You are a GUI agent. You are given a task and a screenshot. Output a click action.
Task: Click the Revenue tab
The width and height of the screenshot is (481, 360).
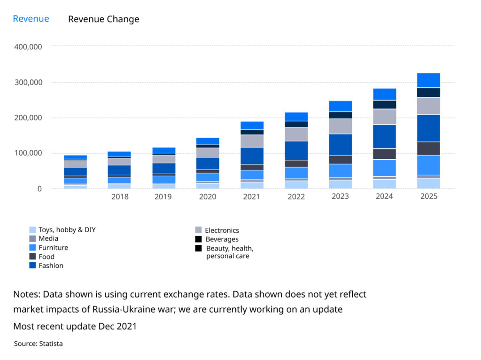(31, 19)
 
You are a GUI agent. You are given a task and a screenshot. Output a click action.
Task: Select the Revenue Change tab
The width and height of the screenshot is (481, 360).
(103, 19)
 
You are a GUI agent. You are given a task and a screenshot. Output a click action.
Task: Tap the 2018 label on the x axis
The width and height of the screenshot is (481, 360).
(120, 196)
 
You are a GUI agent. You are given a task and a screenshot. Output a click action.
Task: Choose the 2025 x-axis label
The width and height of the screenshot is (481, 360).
(428, 196)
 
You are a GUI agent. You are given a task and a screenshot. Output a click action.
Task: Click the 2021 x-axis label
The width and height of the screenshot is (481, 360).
(252, 196)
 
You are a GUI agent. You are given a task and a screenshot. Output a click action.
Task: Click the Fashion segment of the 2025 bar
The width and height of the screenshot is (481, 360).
(428, 128)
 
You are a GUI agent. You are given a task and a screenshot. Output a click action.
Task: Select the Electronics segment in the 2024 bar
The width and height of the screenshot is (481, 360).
(384, 117)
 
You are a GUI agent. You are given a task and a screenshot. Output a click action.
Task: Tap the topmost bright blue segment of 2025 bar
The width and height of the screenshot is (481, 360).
(428, 80)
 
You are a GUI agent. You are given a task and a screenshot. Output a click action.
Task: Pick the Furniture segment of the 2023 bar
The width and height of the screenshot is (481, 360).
(340, 170)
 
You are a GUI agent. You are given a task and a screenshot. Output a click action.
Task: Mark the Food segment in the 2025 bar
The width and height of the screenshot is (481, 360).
(428, 149)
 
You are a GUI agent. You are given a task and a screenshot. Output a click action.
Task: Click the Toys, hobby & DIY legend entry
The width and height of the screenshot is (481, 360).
(67, 230)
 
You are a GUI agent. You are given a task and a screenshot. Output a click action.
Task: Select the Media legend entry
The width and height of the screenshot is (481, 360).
(48, 239)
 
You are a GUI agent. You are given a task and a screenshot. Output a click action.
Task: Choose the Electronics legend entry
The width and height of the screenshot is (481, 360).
(222, 230)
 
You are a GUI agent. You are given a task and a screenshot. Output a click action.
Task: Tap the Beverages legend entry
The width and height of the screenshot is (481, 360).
(222, 239)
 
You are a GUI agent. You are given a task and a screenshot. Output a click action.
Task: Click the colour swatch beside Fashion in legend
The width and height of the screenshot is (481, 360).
(32, 266)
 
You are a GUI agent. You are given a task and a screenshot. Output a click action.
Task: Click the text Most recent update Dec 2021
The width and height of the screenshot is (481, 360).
(75, 326)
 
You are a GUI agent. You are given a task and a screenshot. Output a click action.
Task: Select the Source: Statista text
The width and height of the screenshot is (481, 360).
(38, 344)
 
